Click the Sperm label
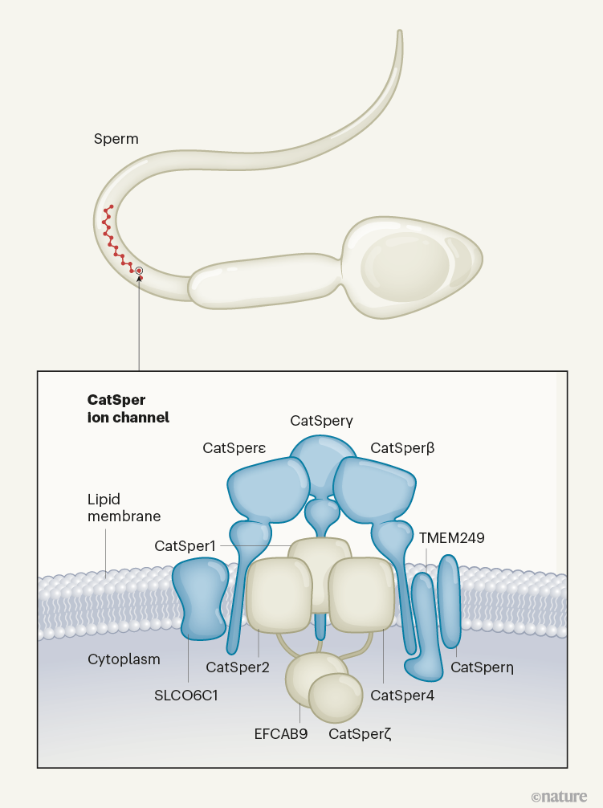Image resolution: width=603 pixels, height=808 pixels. point(116,139)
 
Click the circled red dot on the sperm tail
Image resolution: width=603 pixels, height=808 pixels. point(139,271)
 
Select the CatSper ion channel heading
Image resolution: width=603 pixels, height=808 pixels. point(128,408)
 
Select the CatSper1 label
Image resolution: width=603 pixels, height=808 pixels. point(185,546)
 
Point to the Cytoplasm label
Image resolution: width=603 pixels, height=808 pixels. point(124,659)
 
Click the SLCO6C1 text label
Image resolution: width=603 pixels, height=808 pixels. point(187,696)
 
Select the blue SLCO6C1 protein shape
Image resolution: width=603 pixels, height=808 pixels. point(200,598)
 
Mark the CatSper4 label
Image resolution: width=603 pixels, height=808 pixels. point(402,696)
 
